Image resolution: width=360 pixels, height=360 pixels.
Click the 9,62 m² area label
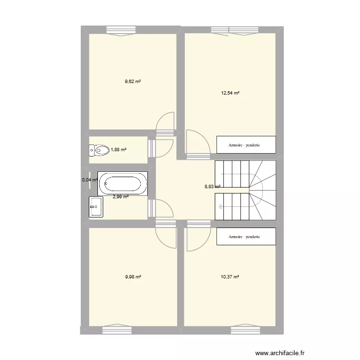point(132,82)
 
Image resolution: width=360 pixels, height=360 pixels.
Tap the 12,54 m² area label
point(230,93)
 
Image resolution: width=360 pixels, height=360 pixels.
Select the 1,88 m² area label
point(119,150)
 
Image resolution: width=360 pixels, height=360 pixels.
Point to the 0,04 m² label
point(90,180)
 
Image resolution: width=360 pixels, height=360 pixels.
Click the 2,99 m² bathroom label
point(120,196)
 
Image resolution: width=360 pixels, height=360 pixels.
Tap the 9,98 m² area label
point(132,276)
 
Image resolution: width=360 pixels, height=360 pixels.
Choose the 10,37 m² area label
point(230,276)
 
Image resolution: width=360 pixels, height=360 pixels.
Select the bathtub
point(123,184)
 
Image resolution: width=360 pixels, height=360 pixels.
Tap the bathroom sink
point(96,207)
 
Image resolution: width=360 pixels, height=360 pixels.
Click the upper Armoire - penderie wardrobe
point(246,144)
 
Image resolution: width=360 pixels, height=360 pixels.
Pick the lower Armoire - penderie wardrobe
point(246,237)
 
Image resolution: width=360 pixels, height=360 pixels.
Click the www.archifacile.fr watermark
point(280,352)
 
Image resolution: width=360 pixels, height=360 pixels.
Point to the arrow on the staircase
point(220,207)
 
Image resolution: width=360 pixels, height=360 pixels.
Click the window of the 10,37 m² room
point(246,329)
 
